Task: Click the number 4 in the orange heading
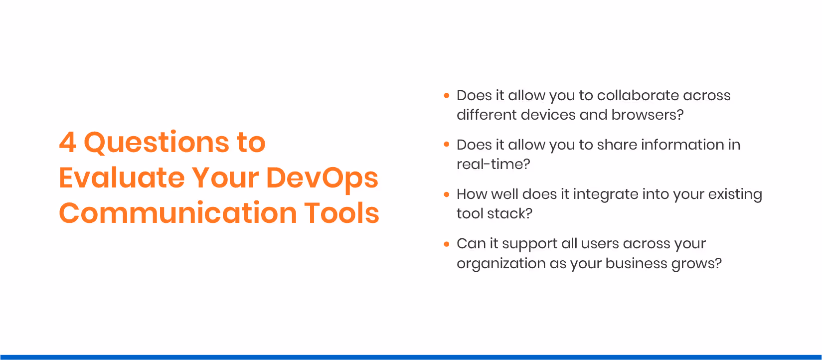(68, 143)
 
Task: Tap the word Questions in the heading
(156, 143)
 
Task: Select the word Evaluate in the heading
(122, 178)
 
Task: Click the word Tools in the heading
(342, 213)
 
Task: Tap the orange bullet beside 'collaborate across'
(447, 95)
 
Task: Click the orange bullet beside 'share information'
(447, 145)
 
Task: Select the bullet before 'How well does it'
(447, 194)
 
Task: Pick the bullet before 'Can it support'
(447, 244)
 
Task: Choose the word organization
(501, 263)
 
